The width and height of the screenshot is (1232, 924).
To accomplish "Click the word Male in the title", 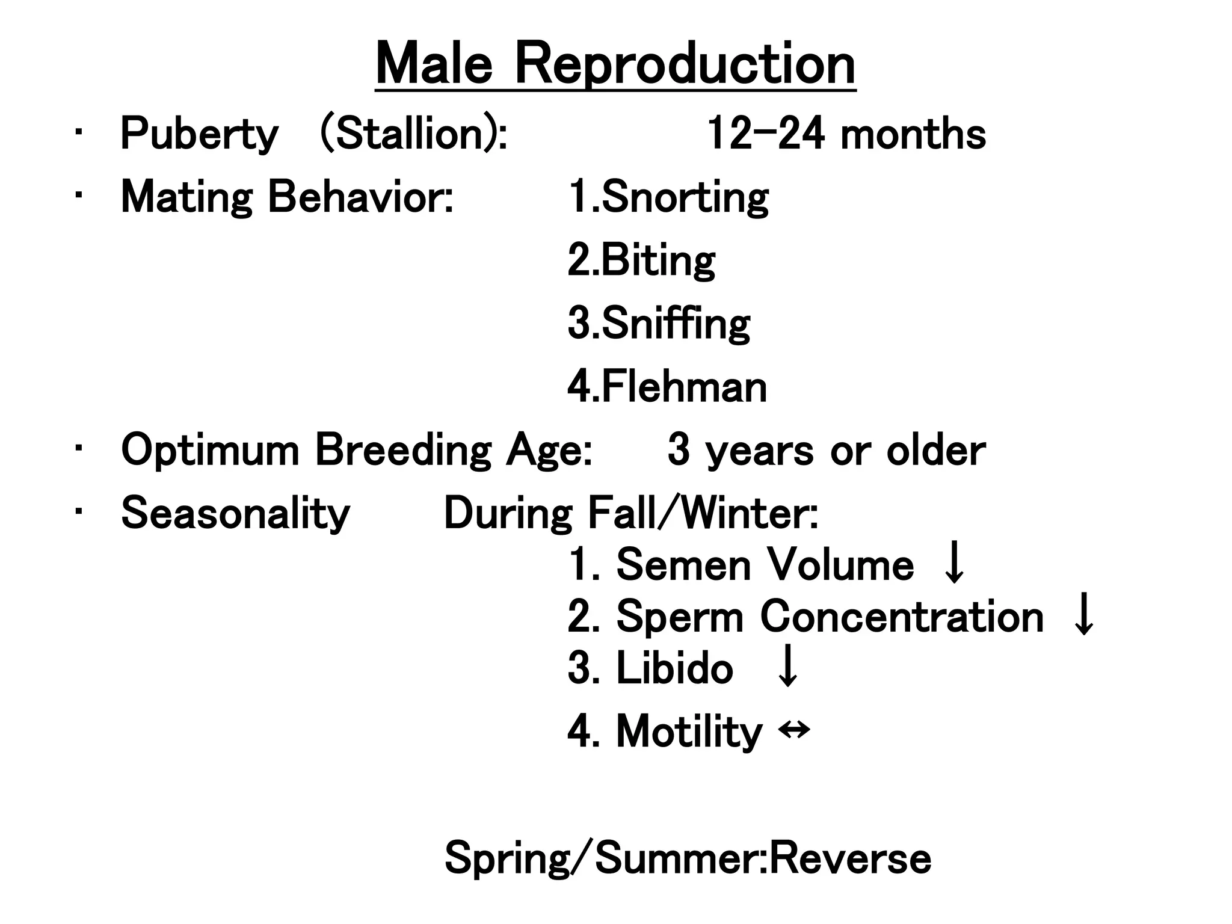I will (434, 64).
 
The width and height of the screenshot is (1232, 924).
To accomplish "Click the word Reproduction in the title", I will (685, 64).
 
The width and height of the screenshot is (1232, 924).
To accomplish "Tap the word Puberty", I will (199, 134).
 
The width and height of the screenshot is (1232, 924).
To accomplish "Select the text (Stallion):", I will (414, 134).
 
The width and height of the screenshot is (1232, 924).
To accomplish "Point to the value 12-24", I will (765, 134).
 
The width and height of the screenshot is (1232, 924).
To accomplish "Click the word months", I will (913, 134).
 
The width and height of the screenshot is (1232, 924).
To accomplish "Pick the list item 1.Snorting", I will (668, 197).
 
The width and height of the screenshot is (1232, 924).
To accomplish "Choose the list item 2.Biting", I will (641, 260).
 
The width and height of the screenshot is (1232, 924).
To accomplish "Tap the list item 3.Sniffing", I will (659, 324).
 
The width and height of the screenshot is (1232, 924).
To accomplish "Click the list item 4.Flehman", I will (667, 387).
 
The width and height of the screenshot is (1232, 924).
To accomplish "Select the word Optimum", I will (210, 451).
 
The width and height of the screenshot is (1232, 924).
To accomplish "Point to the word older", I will (935, 451).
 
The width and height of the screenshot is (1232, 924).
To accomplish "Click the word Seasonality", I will (235, 514).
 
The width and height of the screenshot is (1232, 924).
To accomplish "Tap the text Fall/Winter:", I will (703, 514).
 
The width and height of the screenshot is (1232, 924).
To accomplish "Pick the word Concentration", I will (902, 617).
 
